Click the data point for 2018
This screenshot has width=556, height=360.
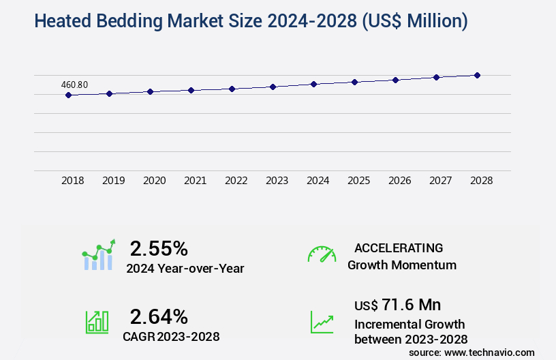point(68,95)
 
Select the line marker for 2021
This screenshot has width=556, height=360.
point(191,90)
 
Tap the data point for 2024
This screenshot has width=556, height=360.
point(313,84)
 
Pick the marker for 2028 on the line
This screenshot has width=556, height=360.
point(477,75)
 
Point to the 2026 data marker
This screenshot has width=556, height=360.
point(395,80)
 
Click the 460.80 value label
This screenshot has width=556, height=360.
point(74,85)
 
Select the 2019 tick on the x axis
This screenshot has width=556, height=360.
point(114,181)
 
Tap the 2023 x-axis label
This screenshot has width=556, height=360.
point(277,181)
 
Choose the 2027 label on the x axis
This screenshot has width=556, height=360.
point(441,181)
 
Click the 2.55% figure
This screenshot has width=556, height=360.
point(159,247)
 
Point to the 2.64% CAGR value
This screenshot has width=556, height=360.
point(159,316)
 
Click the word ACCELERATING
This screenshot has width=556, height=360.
point(399,248)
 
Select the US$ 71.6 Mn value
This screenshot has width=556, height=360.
point(397,304)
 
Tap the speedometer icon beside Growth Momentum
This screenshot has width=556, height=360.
point(322,254)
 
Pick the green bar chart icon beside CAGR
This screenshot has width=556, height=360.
point(97,322)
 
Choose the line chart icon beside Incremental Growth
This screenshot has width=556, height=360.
point(322,322)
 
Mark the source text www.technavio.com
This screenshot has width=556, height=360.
point(489,352)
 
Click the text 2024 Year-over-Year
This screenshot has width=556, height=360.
point(185,268)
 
